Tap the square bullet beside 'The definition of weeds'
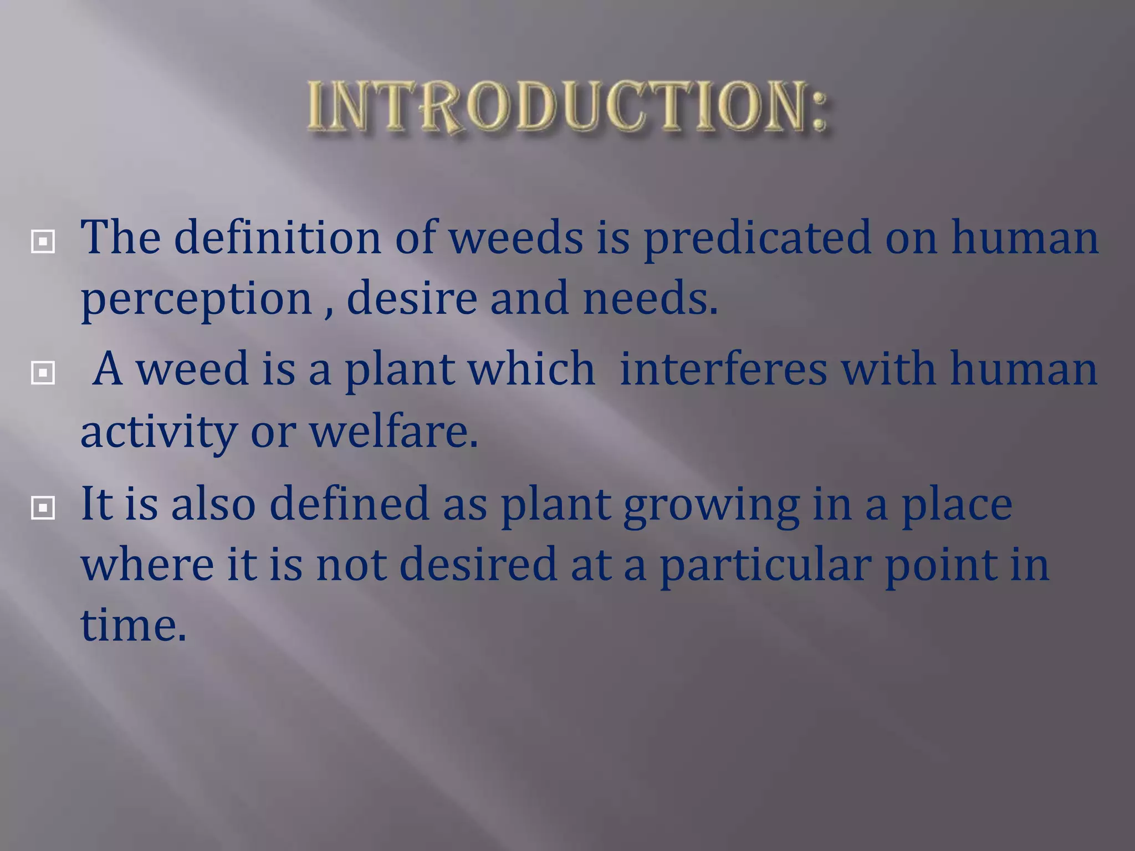(x=43, y=242)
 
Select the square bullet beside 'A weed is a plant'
(x=43, y=372)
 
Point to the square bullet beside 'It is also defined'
(x=43, y=507)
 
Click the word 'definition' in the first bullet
(x=277, y=237)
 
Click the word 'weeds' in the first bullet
(x=515, y=237)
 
